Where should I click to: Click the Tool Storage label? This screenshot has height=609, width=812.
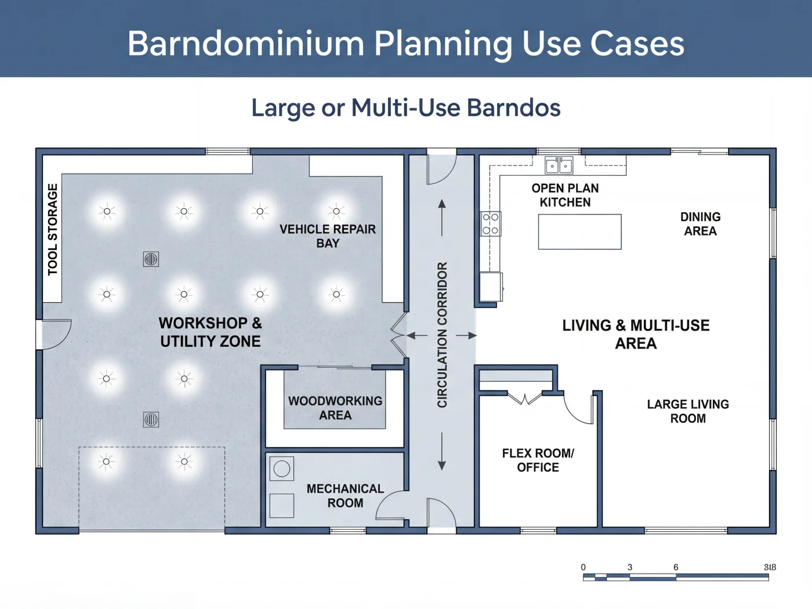(x=53, y=229)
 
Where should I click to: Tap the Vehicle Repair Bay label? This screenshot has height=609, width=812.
(x=327, y=236)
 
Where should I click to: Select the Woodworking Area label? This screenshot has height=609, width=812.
(x=335, y=408)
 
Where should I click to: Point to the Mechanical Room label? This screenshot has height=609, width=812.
(x=345, y=496)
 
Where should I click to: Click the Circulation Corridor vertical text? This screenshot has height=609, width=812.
(x=443, y=335)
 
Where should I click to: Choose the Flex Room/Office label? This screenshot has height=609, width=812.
(x=538, y=461)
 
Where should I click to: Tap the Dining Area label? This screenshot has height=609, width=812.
(x=700, y=224)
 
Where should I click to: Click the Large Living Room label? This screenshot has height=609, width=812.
(x=688, y=411)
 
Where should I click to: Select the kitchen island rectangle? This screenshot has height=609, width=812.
(x=579, y=232)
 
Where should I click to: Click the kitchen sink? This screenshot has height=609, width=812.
(x=559, y=165)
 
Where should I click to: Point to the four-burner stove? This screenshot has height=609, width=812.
(x=491, y=224)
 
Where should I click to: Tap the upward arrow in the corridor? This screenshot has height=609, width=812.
(x=442, y=218)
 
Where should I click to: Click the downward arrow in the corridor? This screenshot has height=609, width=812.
(x=442, y=451)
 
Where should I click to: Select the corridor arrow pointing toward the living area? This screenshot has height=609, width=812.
(x=466, y=335)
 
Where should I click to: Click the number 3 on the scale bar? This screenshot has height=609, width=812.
(x=630, y=567)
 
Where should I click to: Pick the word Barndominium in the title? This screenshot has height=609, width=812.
(x=246, y=43)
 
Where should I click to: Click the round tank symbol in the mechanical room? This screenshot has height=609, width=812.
(x=281, y=469)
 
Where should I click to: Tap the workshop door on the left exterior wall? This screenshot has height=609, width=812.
(x=54, y=335)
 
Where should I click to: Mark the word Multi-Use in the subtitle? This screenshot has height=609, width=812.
(x=406, y=108)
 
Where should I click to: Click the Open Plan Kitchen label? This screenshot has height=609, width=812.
(x=565, y=195)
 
